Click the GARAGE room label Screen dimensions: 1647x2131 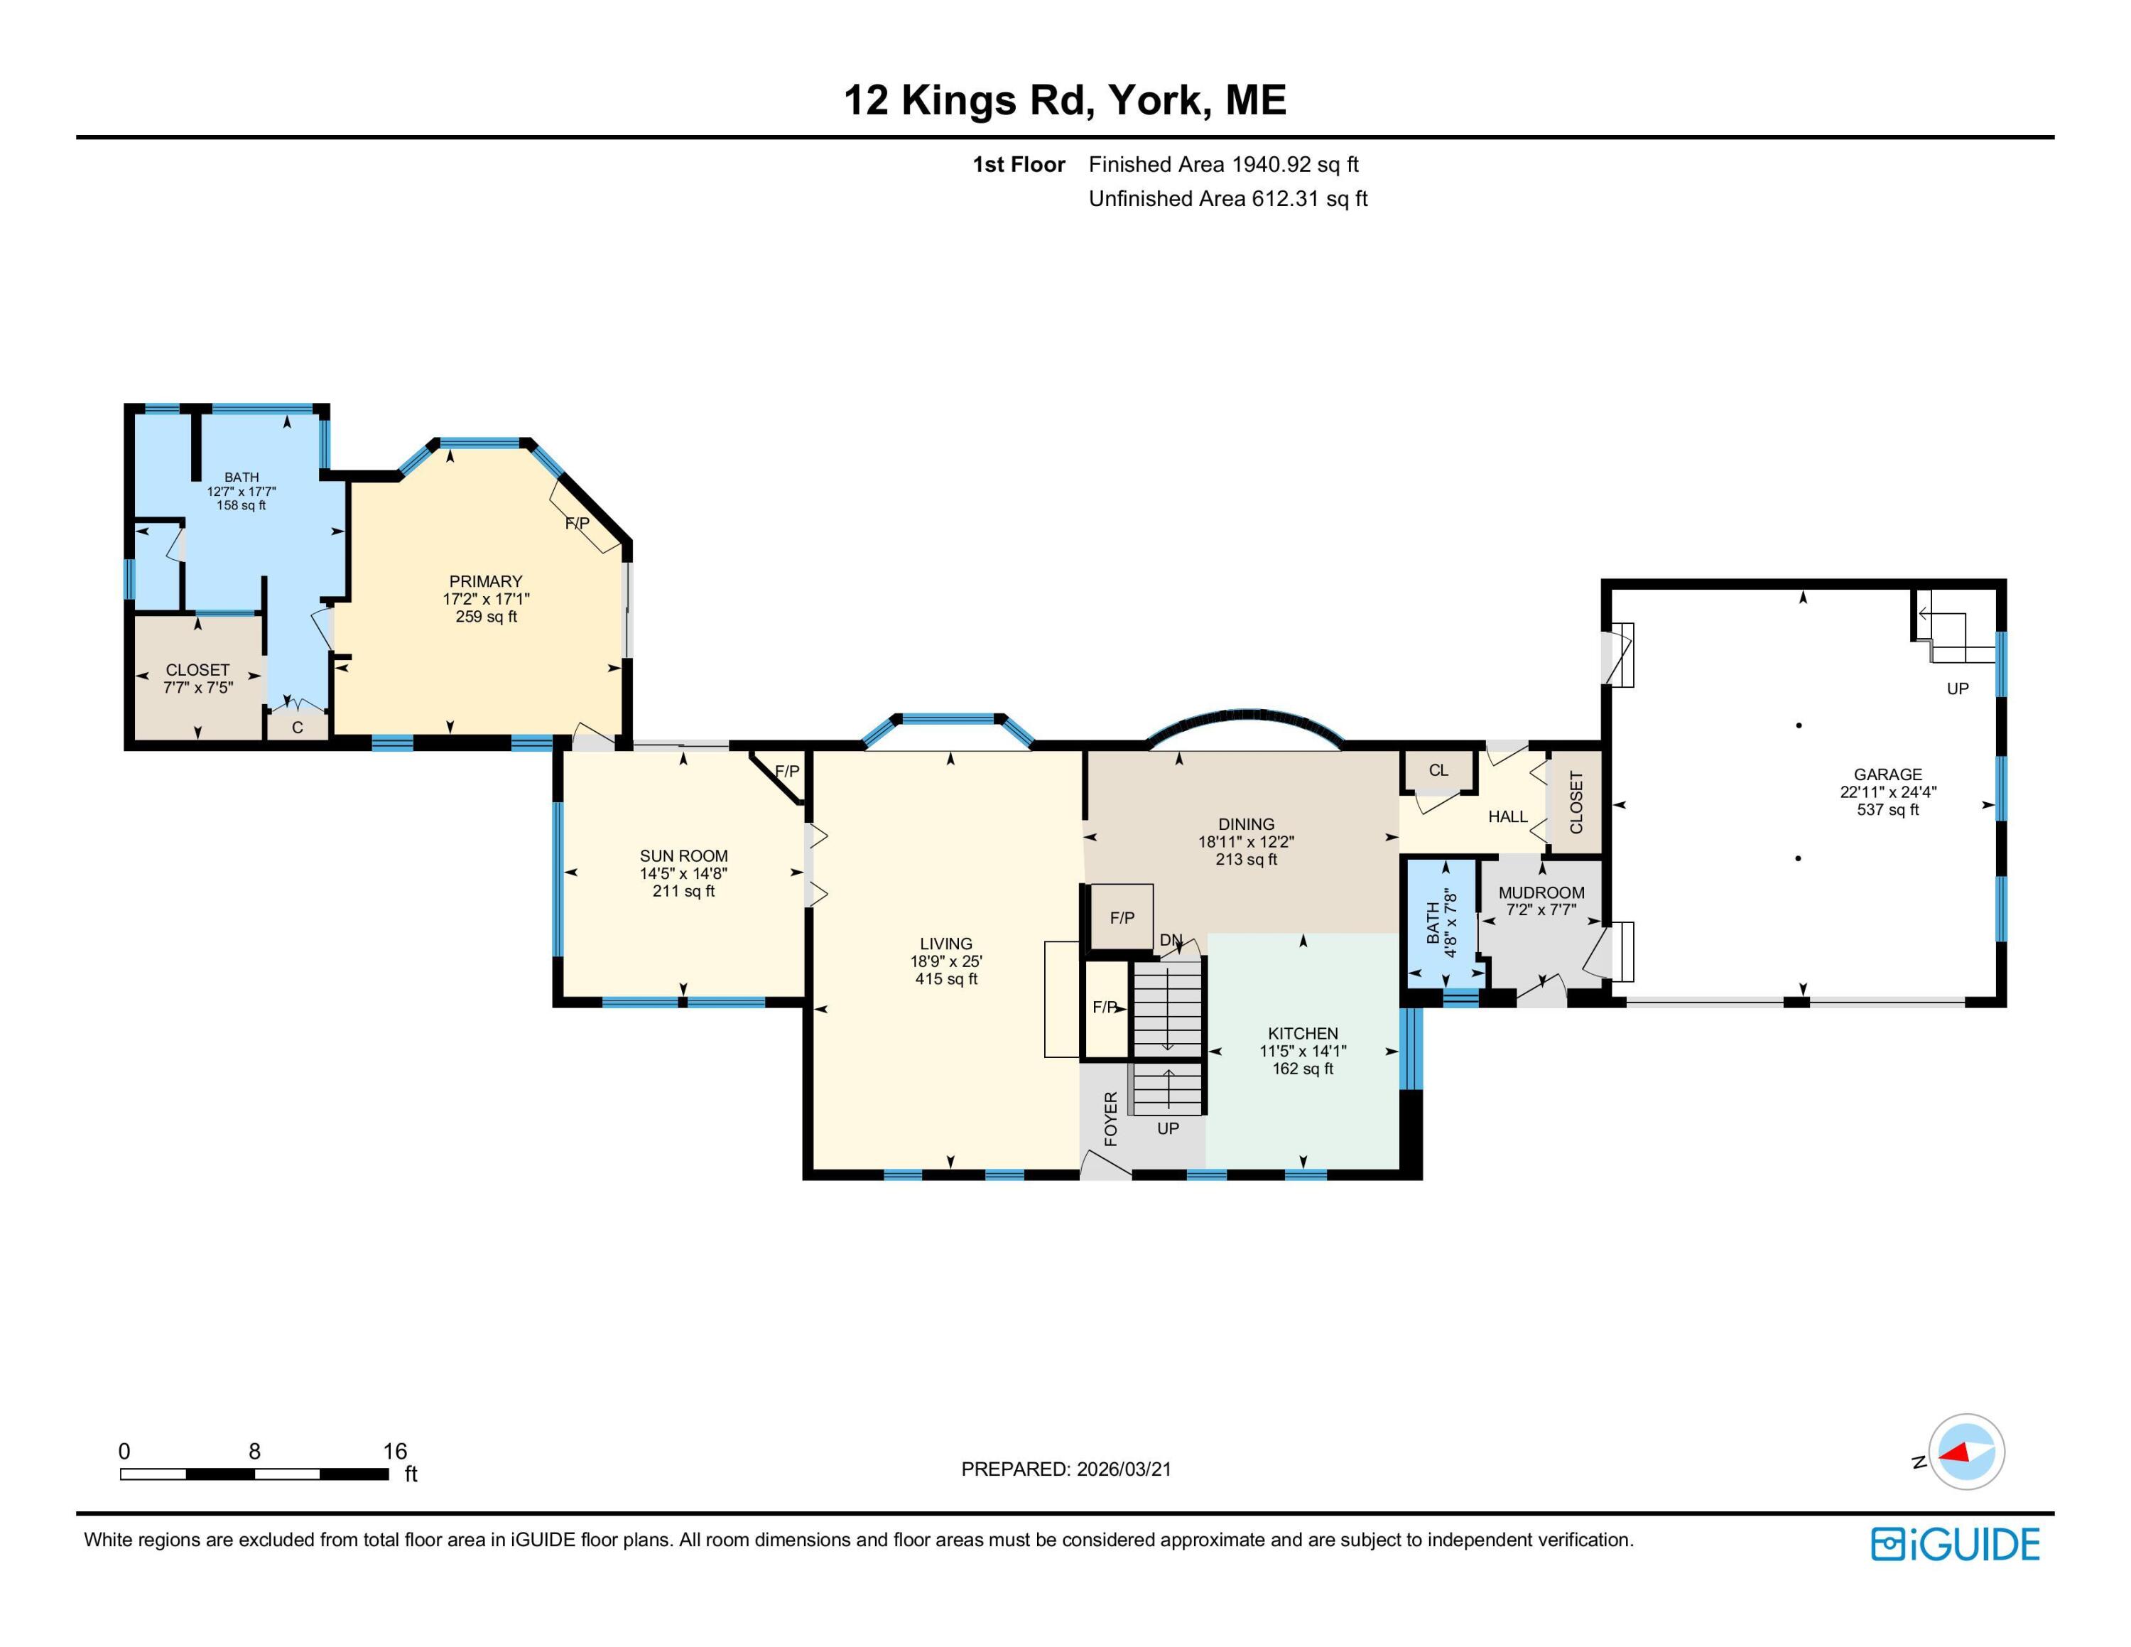coord(1887,774)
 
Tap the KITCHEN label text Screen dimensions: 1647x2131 coord(1303,1033)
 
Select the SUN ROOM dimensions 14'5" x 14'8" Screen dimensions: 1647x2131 coord(683,874)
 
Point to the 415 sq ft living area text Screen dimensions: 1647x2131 coord(945,978)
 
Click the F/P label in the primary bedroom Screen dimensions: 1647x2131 coord(578,523)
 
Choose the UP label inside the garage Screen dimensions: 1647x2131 coord(1957,688)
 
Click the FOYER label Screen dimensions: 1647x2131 coord(1110,1119)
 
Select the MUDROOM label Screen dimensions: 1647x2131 coord(1541,892)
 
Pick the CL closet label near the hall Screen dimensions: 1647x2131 coord(1438,769)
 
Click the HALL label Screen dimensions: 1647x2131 coord(1507,816)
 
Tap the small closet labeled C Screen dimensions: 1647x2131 coord(297,727)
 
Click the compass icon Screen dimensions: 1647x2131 coord(1966,1452)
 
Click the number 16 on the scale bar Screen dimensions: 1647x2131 coord(394,1451)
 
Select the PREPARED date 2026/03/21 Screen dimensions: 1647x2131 coord(1065,1469)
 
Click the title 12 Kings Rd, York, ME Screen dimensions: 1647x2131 coord(1065,100)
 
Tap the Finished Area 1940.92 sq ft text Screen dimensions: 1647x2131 coord(1224,165)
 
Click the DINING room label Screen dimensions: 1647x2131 coord(1246,823)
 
